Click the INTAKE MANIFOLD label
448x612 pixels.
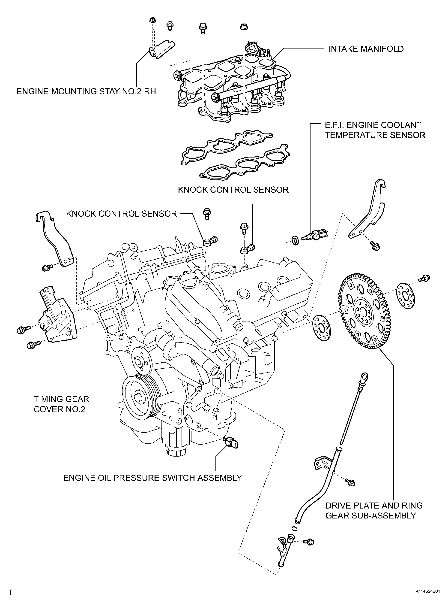pos(366,49)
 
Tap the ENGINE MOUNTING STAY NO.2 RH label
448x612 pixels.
pos(86,91)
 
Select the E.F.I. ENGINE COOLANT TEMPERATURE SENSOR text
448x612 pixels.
pos(375,130)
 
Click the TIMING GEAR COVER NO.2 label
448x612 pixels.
pos(61,404)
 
